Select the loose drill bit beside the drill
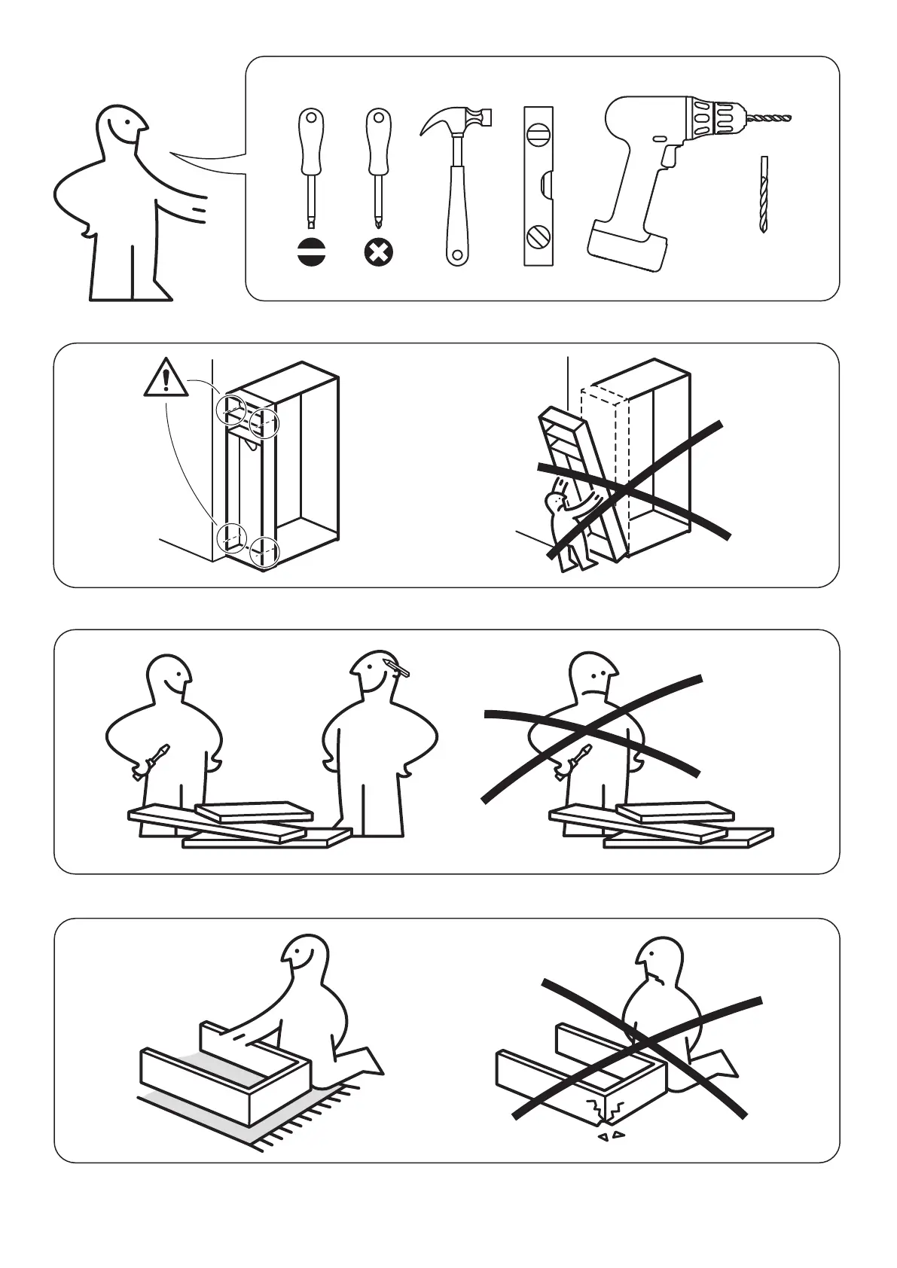click(x=764, y=194)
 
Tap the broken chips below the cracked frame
click(x=611, y=1135)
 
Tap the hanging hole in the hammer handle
click(x=455, y=256)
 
